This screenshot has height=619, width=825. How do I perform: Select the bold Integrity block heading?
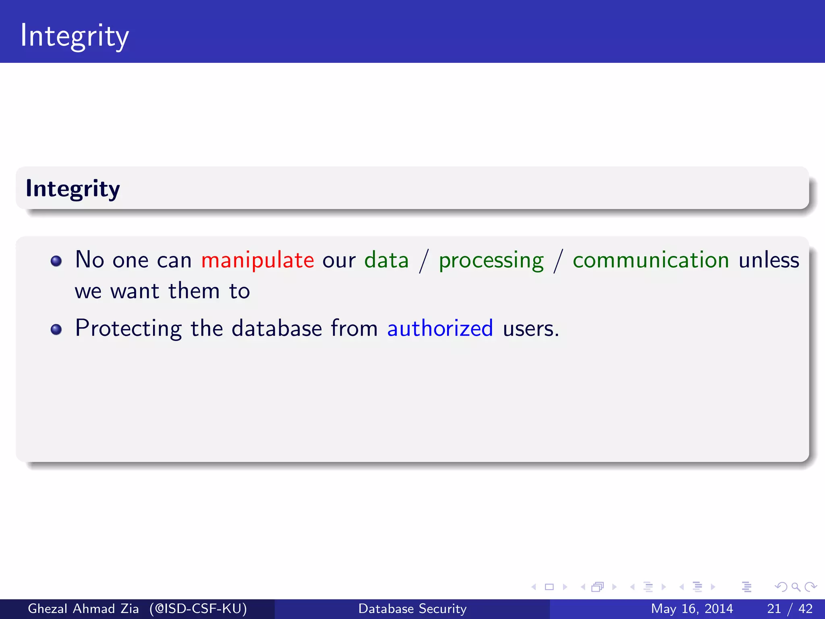pyautogui.click(x=73, y=189)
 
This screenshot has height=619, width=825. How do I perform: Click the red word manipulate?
pyautogui.click(x=257, y=260)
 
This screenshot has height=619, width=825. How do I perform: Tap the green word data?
pyautogui.click(x=386, y=260)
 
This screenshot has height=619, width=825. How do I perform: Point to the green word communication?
pyautogui.click(x=651, y=260)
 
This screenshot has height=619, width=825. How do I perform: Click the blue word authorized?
pyautogui.click(x=440, y=328)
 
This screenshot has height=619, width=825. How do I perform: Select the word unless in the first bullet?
pyautogui.click(x=769, y=260)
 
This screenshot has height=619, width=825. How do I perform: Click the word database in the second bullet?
pyautogui.click(x=277, y=328)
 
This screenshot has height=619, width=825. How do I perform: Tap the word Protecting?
pyautogui.click(x=129, y=328)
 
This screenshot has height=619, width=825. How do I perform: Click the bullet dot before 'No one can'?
pyautogui.click(x=56, y=261)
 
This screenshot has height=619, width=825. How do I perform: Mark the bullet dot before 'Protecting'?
pyautogui.click(x=56, y=330)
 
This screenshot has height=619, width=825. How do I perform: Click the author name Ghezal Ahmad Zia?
pyautogui.click(x=83, y=609)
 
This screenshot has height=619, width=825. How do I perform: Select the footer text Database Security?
pyautogui.click(x=412, y=609)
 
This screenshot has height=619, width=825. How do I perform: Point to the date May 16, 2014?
pyautogui.click(x=692, y=609)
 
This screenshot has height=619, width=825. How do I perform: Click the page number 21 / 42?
pyautogui.click(x=790, y=609)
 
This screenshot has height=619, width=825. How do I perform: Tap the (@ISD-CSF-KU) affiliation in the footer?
pyautogui.click(x=198, y=609)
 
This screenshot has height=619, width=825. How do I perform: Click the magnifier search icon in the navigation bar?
pyautogui.click(x=796, y=587)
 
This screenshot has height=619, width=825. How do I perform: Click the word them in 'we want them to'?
pyautogui.click(x=194, y=291)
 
